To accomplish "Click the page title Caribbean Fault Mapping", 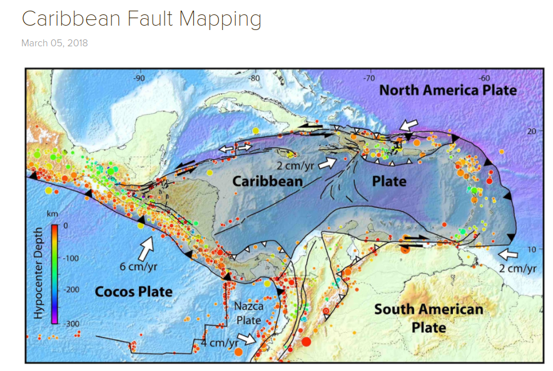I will [141, 19].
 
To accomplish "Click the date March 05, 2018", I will [54, 43].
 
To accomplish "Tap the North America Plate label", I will [448, 90].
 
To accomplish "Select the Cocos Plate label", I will [133, 292].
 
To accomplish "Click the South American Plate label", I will [429, 318].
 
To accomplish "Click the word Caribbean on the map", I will [268, 181].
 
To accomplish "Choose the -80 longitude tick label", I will [254, 78].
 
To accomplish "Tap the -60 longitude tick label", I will [484, 78].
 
